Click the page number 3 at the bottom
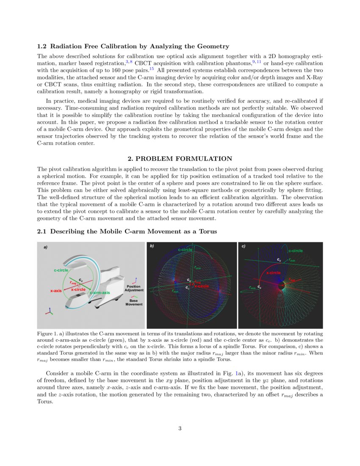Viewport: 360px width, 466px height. coord(180,428)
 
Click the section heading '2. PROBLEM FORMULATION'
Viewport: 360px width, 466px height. coord(180,158)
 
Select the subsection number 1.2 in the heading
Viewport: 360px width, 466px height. coord(42,46)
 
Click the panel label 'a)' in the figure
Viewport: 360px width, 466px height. coord(46,247)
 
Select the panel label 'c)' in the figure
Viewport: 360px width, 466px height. coord(243,246)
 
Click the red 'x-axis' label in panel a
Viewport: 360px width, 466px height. coord(56,291)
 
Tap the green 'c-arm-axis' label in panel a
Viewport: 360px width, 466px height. coord(100,293)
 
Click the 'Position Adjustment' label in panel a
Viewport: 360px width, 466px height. coord(134,288)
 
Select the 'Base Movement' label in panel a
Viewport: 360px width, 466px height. coord(134,302)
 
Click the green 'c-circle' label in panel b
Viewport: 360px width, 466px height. coord(185,250)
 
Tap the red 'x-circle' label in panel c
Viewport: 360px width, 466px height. coord(273,273)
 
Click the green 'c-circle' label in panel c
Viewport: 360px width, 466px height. coord(295,251)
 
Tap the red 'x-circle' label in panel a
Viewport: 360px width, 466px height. coord(78,289)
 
